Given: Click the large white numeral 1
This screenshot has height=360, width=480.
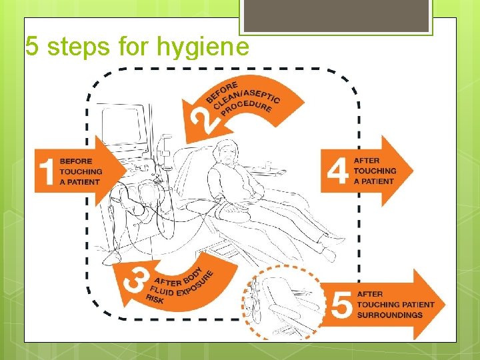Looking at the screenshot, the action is click(x=47, y=171).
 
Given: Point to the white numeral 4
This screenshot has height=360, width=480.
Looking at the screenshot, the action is click(x=337, y=171).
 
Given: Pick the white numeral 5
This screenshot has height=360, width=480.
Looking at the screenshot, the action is click(x=341, y=304).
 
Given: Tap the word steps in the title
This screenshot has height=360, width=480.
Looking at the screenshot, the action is click(x=79, y=46).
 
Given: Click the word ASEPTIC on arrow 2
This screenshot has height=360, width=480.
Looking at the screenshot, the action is click(x=263, y=96).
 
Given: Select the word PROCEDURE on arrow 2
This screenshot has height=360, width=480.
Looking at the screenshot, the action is click(x=246, y=109).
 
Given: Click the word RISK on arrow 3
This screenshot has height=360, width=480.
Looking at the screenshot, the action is click(x=155, y=299).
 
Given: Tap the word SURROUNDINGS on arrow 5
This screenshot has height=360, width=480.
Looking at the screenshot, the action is click(x=390, y=315).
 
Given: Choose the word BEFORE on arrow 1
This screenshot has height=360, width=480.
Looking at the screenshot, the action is click(x=76, y=161).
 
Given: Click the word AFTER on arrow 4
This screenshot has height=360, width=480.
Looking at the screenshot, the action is click(x=367, y=161).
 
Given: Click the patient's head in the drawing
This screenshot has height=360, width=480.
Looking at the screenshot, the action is click(x=227, y=152).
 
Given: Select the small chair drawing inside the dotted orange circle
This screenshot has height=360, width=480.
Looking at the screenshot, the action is click(x=283, y=303).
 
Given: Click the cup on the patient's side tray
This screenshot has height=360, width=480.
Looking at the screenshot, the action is click(x=268, y=165).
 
